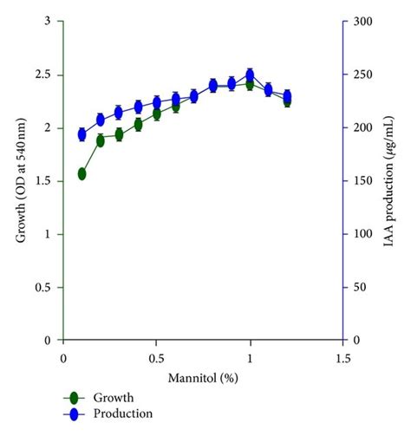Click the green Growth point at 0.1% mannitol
pos(82,173)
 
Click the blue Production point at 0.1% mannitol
pos(82,134)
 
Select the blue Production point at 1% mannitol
pos(250,75)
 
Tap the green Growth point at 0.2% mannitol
pos(101,140)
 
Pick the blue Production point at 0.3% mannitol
pos(120,112)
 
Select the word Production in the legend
pos(127,413)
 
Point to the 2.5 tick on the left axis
pos(43,75)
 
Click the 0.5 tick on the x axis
pos(156,357)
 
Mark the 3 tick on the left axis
pos(49,22)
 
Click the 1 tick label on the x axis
pos(250,357)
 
